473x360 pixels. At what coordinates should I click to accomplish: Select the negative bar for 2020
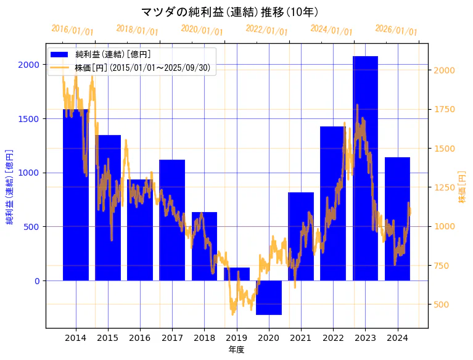pos(269,297)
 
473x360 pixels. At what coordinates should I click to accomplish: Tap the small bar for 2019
pos(237,274)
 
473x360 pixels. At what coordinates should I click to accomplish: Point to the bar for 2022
pos(333,203)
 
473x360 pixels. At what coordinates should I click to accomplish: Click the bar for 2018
pos(204,246)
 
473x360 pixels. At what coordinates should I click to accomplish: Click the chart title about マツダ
pos(229,12)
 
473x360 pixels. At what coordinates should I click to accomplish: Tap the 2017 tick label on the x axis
pos(172,338)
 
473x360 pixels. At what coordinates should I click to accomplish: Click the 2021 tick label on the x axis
pos(301,338)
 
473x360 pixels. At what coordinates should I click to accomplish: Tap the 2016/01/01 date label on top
pos(72,30)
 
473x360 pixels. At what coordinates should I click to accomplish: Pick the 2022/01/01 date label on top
pos(266,30)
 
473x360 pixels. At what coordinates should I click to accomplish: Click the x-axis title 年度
pos(236,350)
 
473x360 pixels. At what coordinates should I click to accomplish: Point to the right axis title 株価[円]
pos(462,188)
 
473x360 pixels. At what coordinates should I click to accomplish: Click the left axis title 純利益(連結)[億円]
pos(9,186)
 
